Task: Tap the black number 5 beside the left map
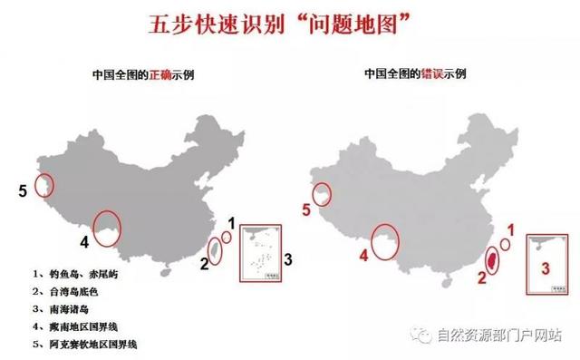[22, 190]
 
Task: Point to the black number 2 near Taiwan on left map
[205, 264]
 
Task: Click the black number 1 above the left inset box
[231, 222]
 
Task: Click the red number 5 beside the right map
[306, 210]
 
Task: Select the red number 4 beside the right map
[362, 255]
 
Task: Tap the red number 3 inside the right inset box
[544, 267]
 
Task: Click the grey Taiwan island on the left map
[215, 250]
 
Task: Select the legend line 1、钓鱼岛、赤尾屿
[77, 272]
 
